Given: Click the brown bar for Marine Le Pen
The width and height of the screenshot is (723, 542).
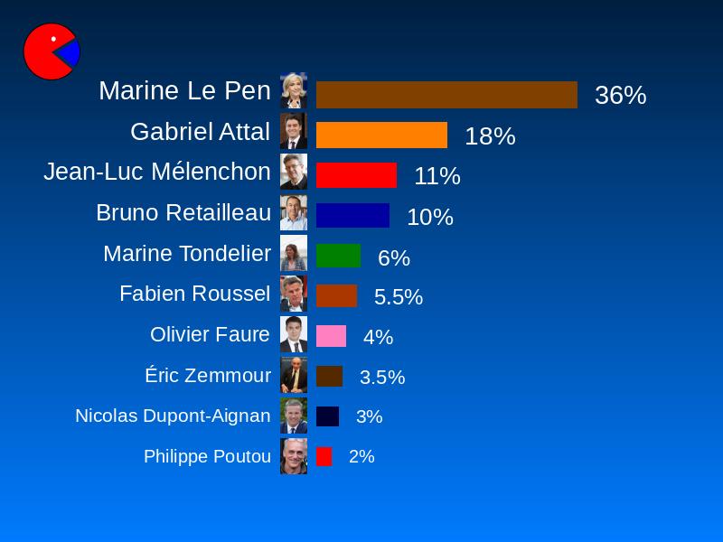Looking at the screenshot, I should coord(446,95).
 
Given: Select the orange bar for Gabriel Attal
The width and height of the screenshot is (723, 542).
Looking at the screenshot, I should coord(381,135).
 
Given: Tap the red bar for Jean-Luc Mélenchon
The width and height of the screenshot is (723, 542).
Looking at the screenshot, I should coord(356,175).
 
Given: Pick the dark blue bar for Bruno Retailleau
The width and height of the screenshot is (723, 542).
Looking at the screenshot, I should coord(352,216).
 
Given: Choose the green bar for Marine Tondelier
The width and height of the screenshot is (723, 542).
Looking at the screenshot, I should coord(338,256).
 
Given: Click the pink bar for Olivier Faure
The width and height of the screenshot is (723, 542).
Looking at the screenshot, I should coord(331,336).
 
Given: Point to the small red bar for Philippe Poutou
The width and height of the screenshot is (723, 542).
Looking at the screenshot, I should coord(324,456).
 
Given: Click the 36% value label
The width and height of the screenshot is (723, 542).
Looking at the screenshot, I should coord(620,96).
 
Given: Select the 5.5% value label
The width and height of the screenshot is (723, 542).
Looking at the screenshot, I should coord(398,297).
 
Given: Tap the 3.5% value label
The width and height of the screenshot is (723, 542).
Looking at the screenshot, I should coord(381,378).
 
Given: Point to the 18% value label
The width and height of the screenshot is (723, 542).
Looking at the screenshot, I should coord(490,136).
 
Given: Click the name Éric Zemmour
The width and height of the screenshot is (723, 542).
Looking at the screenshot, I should coord(207,376).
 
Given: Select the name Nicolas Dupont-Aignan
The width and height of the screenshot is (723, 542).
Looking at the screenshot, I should coord(173,416).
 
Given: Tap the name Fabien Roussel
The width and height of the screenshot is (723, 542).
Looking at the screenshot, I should coord(194,294).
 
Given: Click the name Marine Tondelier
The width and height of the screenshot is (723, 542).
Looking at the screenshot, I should coord(186,254).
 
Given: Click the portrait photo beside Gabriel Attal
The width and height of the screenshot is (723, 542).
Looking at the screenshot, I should coord(293,131).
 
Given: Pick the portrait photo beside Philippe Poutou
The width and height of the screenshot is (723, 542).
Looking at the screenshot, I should coord(293,456).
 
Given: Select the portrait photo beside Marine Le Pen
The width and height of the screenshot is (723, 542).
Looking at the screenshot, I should coord(293,90).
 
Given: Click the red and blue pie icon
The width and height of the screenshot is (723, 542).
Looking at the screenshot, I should coord(51,51).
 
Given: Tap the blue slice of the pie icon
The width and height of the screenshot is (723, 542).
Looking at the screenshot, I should coord(70,53).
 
